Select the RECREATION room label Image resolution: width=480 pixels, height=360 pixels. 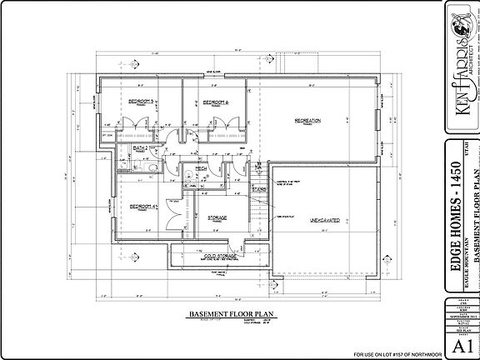pyautogui.click(x=307, y=121)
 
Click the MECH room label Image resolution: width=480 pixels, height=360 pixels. pyautogui.click(x=201, y=167)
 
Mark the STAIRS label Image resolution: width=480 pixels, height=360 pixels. pyautogui.click(x=259, y=189)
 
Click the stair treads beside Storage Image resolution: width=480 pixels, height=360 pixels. pyautogui.click(x=259, y=215)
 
